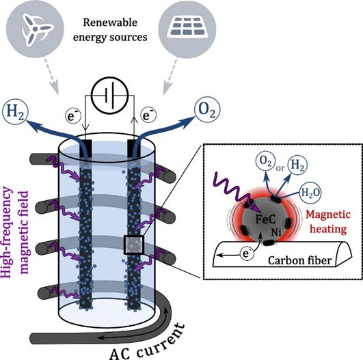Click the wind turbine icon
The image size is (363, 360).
[x=35, y=29]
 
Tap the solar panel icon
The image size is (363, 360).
[x=187, y=26]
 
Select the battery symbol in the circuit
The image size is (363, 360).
[x=110, y=96]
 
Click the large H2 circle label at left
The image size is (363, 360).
[x=15, y=112]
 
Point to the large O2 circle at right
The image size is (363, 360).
[x=207, y=109]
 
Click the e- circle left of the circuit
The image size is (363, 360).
[x=73, y=115]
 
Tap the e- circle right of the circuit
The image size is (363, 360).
[x=148, y=115]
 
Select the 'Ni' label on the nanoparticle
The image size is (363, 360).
[x=276, y=232]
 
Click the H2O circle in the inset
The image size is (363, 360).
[x=310, y=193]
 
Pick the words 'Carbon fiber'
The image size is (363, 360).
[x=300, y=260]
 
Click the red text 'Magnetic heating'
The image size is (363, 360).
[x=328, y=222]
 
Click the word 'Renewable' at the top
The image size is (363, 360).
[x=110, y=23]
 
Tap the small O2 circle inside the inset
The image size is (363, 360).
[x=265, y=163]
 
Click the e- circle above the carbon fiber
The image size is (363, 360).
[x=246, y=253]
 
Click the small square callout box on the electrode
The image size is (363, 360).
[x=134, y=245]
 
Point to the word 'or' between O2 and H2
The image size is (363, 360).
[x=280, y=168]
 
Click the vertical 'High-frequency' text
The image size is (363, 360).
[x=6, y=232]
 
